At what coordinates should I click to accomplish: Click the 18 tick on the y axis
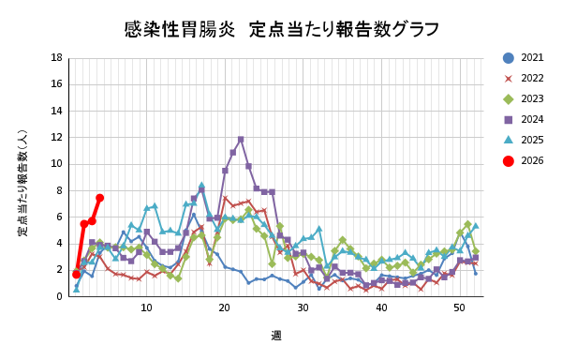(58, 58)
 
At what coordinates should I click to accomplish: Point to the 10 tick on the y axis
(58, 164)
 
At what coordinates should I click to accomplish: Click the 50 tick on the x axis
(460, 308)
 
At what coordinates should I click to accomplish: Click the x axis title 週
(276, 336)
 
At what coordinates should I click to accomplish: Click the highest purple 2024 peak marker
(241, 140)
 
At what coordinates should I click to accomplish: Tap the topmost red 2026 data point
(99, 198)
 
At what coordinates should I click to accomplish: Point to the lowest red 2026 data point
(76, 274)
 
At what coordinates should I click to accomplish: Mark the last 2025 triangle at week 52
(476, 226)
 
